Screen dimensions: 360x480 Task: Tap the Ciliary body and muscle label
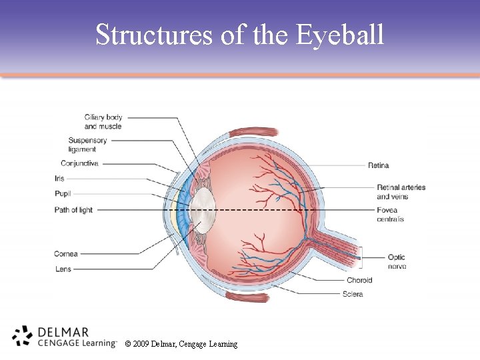point(103,122)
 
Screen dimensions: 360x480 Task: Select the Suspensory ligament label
point(87,145)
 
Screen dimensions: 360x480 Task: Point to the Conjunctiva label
point(79,163)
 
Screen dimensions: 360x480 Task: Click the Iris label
point(60,179)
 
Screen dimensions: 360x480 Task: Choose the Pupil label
point(63,193)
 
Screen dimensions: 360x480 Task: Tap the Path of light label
point(73,210)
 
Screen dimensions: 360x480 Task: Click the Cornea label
point(66,254)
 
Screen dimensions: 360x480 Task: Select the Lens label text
point(63,269)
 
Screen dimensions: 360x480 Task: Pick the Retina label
point(378,165)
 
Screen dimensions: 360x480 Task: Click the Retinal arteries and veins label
point(401,192)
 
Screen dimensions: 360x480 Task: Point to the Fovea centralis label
point(391,215)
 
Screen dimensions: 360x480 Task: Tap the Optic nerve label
point(396,261)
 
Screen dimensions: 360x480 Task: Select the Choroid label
point(359,281)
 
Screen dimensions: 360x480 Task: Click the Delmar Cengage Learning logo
point(63,336)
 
